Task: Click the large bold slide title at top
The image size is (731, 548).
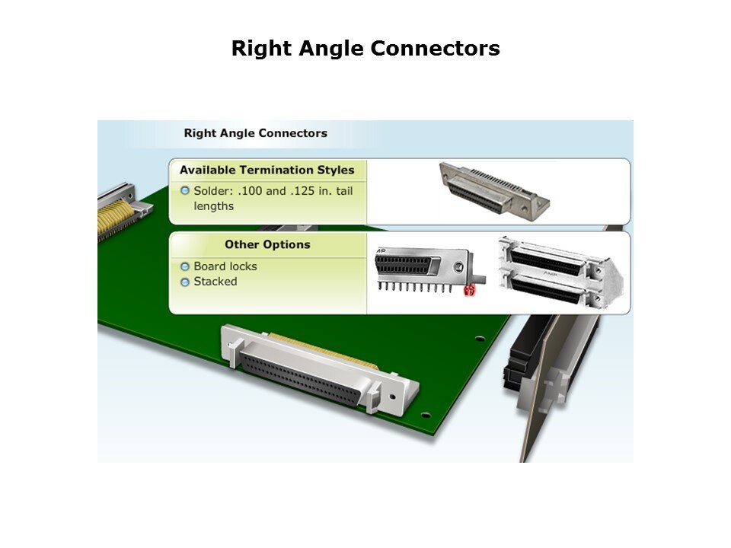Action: click(x=365, y=49)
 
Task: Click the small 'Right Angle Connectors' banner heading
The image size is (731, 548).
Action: click(x=256, y=133)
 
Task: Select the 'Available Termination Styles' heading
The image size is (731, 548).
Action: click(x=267, y=170)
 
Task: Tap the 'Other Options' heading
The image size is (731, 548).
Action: click(x=267, y=244)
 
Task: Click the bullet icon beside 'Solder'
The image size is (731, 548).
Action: click(x=185, y=190)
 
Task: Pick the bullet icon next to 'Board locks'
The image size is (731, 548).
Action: click(x=185, y=266)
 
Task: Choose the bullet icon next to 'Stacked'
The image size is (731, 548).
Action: click(x=185, y=282)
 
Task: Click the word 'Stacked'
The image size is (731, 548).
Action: click(x=215, y=282)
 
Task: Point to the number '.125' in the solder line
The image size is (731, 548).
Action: click(x=302, y=191)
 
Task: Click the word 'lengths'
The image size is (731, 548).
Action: click(x=213, y=206)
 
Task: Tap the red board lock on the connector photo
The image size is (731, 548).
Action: click(x=469, y=290)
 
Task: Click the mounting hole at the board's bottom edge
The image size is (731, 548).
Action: click(x=425, y=415)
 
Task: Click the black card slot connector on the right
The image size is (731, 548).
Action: click(x=527, y=353)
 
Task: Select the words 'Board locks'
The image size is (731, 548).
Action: click(x=225, y=266)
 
